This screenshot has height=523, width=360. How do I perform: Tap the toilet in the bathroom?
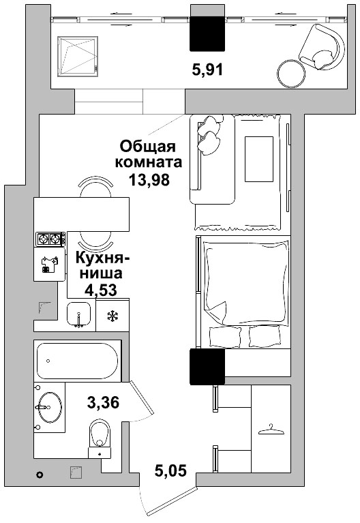100,436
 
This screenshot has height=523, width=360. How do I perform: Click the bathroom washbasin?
48,406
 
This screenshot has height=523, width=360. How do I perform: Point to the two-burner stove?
50,239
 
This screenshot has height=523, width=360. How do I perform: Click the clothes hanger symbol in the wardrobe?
271,430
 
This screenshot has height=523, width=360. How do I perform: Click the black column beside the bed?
207,366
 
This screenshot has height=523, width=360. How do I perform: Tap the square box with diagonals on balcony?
78,54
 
